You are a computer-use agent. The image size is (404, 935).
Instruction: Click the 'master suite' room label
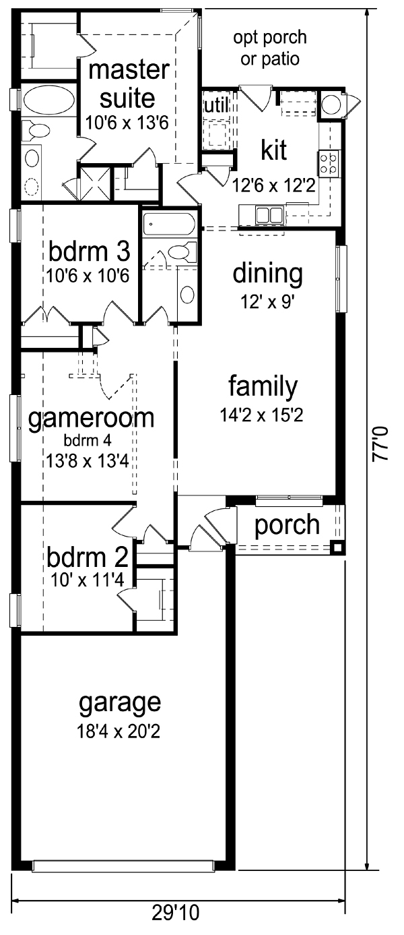(x=129, y=84)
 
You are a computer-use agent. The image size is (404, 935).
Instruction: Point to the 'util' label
(x=216, y=106)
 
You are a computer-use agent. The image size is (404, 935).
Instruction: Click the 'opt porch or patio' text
(x=270, y=48)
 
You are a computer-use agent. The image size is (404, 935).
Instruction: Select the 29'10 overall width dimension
(x=175, y=925)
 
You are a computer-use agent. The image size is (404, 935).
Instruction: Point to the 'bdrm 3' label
(x=90, y=251)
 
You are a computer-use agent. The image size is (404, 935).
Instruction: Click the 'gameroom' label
(x=91, y=419)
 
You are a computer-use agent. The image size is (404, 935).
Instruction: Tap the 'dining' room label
(x=268, y=274)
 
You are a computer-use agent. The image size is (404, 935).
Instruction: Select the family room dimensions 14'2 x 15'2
(x=261, y=415)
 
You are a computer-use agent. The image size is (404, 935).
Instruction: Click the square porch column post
(x=337, y=547)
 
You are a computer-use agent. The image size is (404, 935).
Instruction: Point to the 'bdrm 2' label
(x=87, y=557)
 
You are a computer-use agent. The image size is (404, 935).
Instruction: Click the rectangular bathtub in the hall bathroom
(x=168, y=224)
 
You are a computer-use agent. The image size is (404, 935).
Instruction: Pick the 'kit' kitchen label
(x=274, y=150)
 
